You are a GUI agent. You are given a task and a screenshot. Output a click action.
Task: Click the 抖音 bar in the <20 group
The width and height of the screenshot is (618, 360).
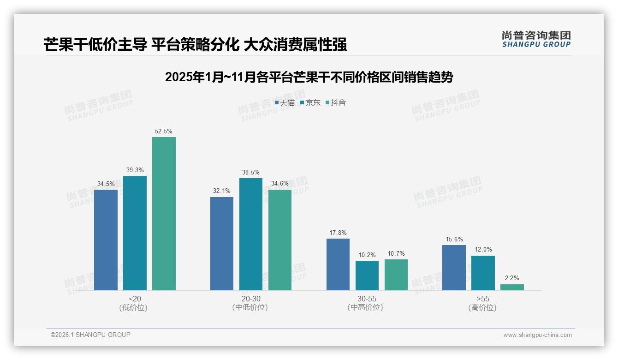pyautogui.click(x=164, y=214)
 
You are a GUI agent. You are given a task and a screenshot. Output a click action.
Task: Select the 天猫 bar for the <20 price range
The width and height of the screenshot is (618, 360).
pyautogui.click(x=106, y=240)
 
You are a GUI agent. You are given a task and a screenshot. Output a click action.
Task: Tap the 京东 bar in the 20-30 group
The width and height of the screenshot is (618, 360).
pyautogui.click(x=250, y=234)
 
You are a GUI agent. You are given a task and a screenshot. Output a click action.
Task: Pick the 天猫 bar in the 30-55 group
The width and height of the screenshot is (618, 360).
pyautogui.click(x=338, y=264)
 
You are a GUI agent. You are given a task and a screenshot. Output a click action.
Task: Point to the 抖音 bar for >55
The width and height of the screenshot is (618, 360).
pyautogui.click(x=512, y=287)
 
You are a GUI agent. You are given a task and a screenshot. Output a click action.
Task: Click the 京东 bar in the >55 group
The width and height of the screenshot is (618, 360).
pyautogui.click(x=483, y=273)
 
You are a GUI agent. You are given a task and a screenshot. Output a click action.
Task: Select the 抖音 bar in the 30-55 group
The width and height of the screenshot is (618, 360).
pyautogui.click(x=396, y=275)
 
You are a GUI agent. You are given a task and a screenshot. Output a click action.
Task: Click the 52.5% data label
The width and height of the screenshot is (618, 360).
pyautogui.click(x=164, y=132)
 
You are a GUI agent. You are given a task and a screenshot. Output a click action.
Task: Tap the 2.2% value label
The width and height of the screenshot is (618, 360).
pyautogui.click(x=512, y=278)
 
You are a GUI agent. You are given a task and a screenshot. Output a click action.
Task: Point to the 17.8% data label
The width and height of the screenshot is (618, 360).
pyautogui.click(x=338, y=233)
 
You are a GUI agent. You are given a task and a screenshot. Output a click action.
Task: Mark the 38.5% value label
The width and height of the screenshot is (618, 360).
pyautogui.click(x=250, y=173)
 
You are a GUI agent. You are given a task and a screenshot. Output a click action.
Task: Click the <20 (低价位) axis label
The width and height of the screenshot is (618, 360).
pyautogui.click(x=135, y=303)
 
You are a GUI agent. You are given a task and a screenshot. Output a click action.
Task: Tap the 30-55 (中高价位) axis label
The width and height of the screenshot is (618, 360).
pyautogui.click(x=367, y=303)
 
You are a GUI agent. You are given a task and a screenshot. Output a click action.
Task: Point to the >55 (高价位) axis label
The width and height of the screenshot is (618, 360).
pyautogui.click(x=483, y=303)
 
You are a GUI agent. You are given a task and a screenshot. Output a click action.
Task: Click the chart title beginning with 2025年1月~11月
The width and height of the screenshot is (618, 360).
pyautogui.click(x=309, y=77)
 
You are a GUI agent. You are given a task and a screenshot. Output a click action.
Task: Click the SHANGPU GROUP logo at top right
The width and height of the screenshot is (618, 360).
pyautogui.click(x=536, y=39)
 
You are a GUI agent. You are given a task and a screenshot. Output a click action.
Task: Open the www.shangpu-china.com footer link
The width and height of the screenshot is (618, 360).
pyautogui.click(x=537, y=335)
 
